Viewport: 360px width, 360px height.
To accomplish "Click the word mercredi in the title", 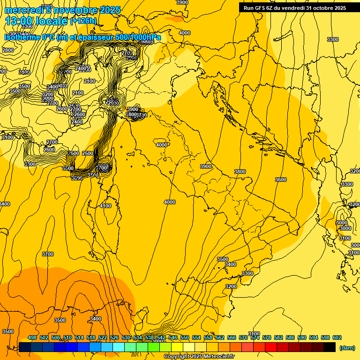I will tap(21, 10).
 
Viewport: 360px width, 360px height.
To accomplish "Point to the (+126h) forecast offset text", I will tap(83, 21).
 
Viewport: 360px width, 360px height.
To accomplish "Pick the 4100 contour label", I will tap(105, 206).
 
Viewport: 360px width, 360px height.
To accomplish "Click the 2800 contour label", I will tap(8, 50).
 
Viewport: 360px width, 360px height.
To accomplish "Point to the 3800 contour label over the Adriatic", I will tap(240, 172).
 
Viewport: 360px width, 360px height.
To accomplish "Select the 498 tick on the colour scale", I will tap(32, 337).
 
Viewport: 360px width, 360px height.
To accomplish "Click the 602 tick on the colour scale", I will tap(337, 337).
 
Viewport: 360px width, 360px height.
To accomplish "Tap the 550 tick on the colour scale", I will tap(185, 337).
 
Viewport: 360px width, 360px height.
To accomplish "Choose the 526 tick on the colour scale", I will tap(114, 337).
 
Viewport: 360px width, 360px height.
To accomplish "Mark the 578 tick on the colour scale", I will tap(267, 337).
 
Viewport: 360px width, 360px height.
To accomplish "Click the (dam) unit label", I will tap(347, 347).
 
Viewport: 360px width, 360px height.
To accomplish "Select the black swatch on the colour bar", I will tap(330, 347).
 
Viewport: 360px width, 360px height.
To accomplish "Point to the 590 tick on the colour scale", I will tap(302, 337).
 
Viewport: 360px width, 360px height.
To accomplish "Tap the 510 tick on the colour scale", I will tap(67, 337).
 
